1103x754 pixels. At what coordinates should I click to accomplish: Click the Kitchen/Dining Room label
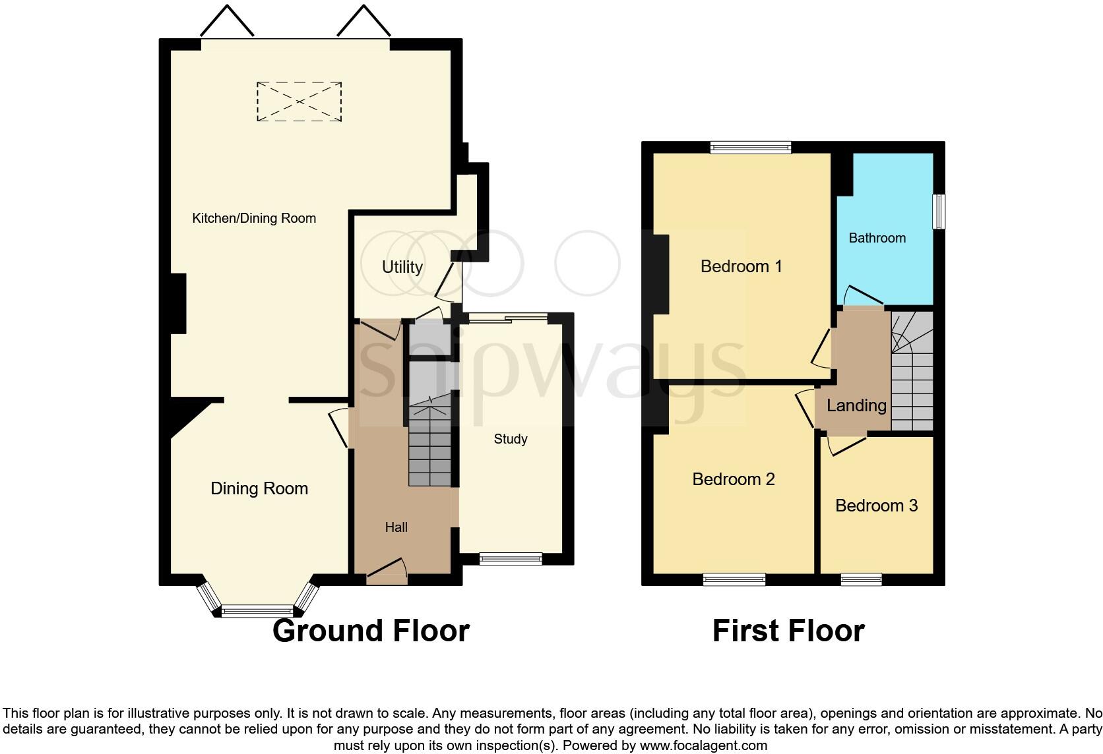pos(254,218)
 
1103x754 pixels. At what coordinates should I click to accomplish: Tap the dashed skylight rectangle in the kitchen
pos(299,101)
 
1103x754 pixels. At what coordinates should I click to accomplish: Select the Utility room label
pos(402,267)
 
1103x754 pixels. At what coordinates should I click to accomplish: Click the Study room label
pos(511,439)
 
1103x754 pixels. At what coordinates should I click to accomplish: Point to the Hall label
pos(396,527)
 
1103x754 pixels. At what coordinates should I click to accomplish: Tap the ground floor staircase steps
pos(429,448)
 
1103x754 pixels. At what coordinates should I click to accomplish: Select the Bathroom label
pos(877,238)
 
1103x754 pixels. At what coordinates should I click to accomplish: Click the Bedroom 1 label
pos(741,266)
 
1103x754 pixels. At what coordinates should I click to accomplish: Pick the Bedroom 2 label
pos(733,479)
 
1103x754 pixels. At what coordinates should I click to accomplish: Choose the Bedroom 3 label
pos(876,506)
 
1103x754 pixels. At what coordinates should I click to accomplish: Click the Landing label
pos(856,405)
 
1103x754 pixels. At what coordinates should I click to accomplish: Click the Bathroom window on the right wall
pos(939,211)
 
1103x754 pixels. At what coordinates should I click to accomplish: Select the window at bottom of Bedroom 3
pos(862,580)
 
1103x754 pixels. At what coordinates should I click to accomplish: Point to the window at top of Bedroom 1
pos(750,148)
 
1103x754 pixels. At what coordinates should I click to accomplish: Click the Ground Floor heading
pos(371,631)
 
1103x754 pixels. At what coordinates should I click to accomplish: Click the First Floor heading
pos(788,631)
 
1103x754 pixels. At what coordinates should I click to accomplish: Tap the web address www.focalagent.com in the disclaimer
pos(703,745)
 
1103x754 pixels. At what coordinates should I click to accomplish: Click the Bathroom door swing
pos(861,295)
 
